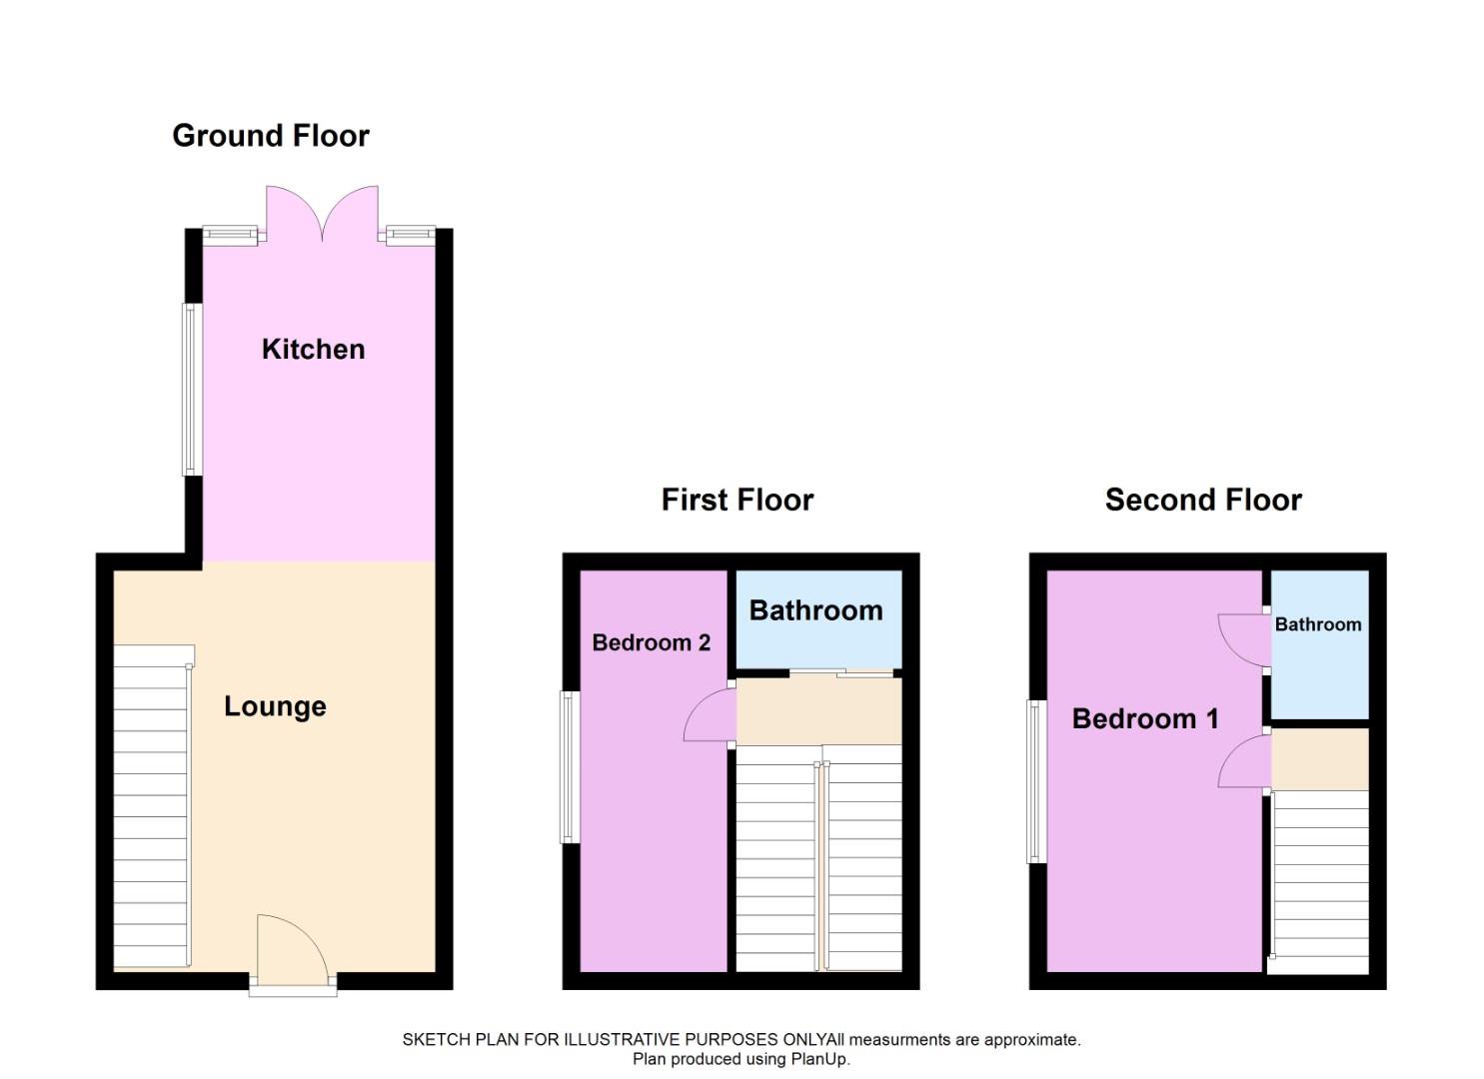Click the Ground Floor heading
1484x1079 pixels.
click(270, 136)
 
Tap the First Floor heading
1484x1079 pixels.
click(738, 500)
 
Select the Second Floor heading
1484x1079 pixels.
click(1203, 500)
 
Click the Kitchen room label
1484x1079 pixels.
click(314, 349)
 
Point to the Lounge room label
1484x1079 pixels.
click(275, 706)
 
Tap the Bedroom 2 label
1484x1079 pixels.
click(652, 642)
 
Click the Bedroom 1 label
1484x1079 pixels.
click(1145, 718)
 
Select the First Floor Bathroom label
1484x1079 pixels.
click(816, 610)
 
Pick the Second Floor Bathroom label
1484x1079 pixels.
click(1318, 624)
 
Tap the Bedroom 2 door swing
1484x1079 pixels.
click(710, 714)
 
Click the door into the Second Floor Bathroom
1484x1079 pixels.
click(1244, 639)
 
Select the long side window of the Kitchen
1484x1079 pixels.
click(192, 390)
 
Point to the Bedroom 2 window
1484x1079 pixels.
click(570, 767)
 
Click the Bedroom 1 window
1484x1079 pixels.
click(1036, 781)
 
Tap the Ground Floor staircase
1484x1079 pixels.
click(153, 807)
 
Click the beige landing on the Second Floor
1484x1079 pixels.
click(1320, 759)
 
